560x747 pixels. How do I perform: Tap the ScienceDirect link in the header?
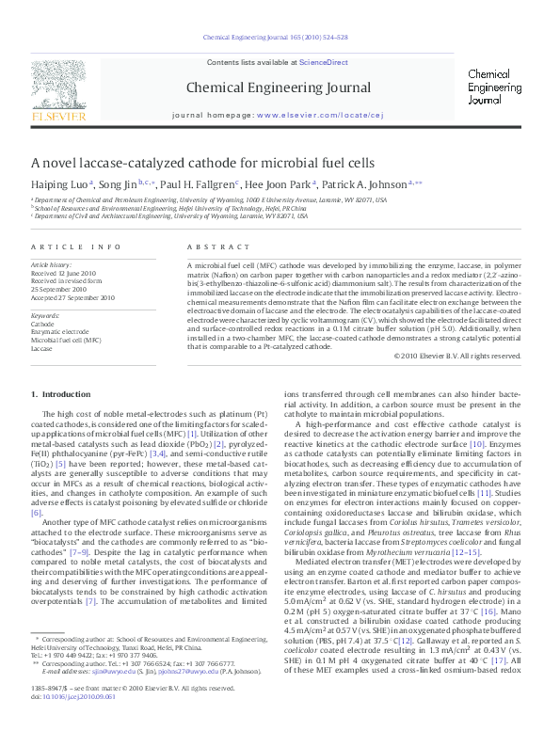[x=324, y=62]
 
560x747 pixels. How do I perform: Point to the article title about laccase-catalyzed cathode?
[x=202, y=162]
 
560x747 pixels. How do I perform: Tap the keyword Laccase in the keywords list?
[x=41, y=347]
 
